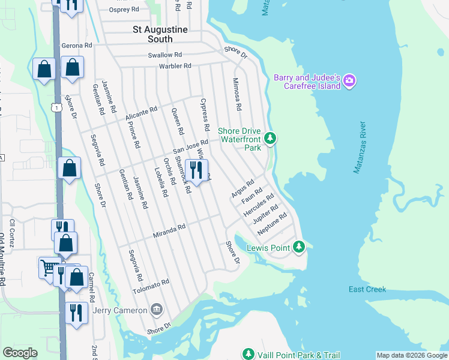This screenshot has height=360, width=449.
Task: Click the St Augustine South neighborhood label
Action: [152, 34]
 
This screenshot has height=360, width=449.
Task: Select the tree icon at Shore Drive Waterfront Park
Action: [270, 139]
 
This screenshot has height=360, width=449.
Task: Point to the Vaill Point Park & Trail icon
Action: [249, 355]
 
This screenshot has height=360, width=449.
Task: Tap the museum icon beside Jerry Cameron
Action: [157, 310]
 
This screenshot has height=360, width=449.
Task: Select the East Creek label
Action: [367, 290]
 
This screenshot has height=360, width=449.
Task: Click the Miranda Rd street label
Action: [168, 229]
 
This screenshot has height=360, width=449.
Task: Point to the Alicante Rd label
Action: [141, 113]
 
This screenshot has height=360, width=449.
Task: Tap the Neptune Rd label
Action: [272, 224]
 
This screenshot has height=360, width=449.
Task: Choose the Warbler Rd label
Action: [175, 65]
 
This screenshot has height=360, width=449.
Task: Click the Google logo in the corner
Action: [20, 353]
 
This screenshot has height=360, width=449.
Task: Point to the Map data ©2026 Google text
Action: [411, 355]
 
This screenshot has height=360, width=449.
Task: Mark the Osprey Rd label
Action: [124, 10]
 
